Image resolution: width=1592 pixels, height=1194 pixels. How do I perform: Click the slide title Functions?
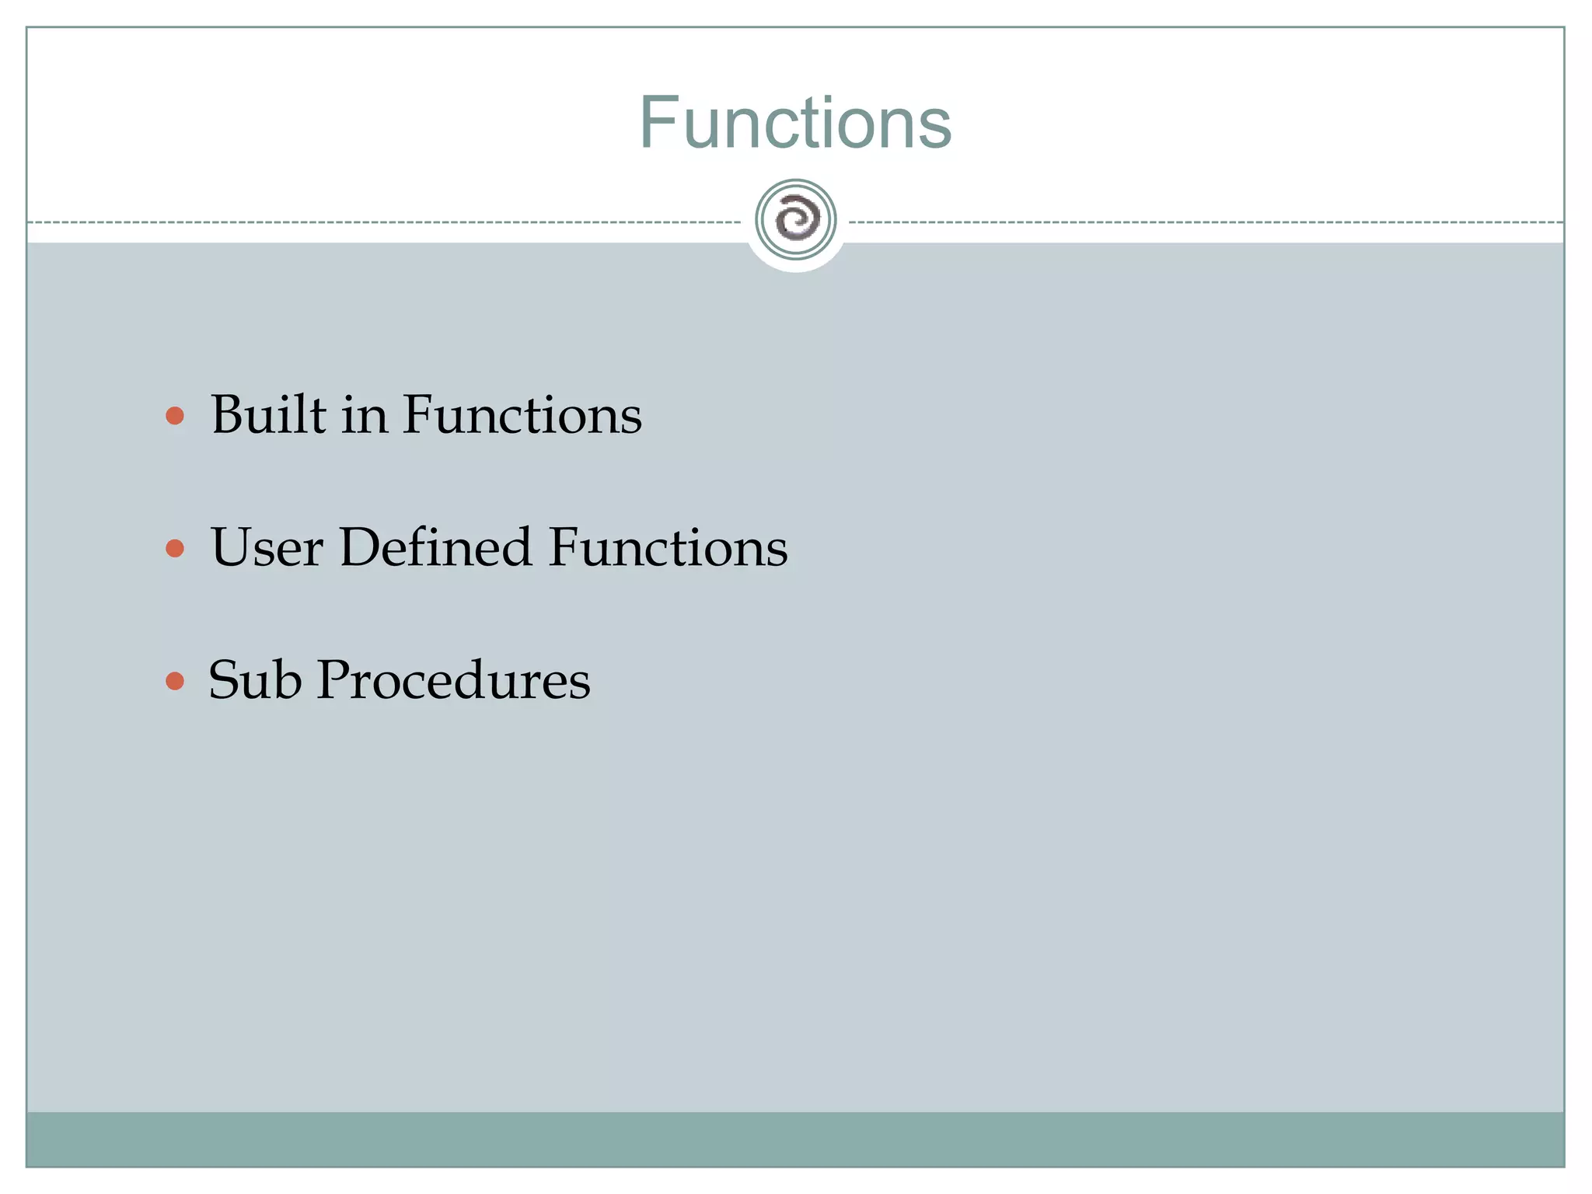pos(795,123)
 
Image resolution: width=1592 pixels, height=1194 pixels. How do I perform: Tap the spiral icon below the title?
pos(796,219)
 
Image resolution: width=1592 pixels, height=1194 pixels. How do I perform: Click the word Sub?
pos(255,679)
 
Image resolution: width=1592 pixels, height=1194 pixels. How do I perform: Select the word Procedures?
pos(454,679)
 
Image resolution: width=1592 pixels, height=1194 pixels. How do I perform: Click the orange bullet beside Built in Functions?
pos(175,416)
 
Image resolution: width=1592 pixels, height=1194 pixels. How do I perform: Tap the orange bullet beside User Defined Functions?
pos(175,549)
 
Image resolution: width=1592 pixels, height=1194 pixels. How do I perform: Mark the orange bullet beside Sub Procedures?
pos(175,682)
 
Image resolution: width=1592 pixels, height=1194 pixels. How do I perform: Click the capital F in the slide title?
pos(657,123)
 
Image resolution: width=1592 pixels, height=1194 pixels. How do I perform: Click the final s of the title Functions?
pos(935,129)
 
